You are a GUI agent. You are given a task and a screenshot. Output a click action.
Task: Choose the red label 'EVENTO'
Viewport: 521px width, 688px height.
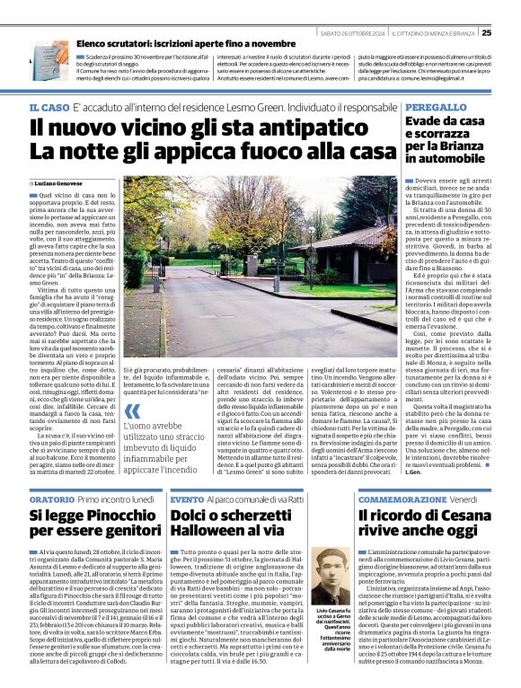pos(187,498)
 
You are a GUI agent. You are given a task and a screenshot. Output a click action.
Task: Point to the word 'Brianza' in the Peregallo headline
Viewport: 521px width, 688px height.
pos(462,144)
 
